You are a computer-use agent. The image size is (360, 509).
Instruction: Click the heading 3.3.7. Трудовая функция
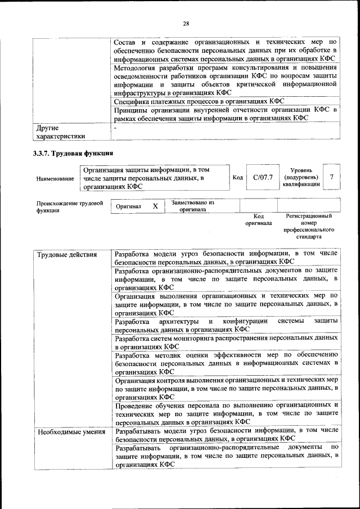point(74,154)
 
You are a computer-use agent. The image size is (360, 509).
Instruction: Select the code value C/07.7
point(263,177)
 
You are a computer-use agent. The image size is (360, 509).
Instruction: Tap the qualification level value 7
point(332,177)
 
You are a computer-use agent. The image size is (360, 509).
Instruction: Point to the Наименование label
point(55,178)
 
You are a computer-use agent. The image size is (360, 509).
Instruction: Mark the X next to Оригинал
point(155,206)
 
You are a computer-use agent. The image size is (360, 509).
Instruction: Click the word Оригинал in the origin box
point(128,206)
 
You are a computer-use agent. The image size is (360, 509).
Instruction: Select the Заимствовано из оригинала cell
point(193,206)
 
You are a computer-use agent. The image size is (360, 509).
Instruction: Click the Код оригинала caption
point(259,219)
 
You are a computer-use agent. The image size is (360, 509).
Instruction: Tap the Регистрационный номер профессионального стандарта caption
point(309,226)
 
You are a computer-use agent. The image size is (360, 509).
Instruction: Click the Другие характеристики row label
point(61,132)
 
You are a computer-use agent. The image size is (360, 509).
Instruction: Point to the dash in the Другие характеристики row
point(115,128)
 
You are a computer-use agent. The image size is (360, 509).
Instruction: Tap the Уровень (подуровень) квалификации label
point(306,177)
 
